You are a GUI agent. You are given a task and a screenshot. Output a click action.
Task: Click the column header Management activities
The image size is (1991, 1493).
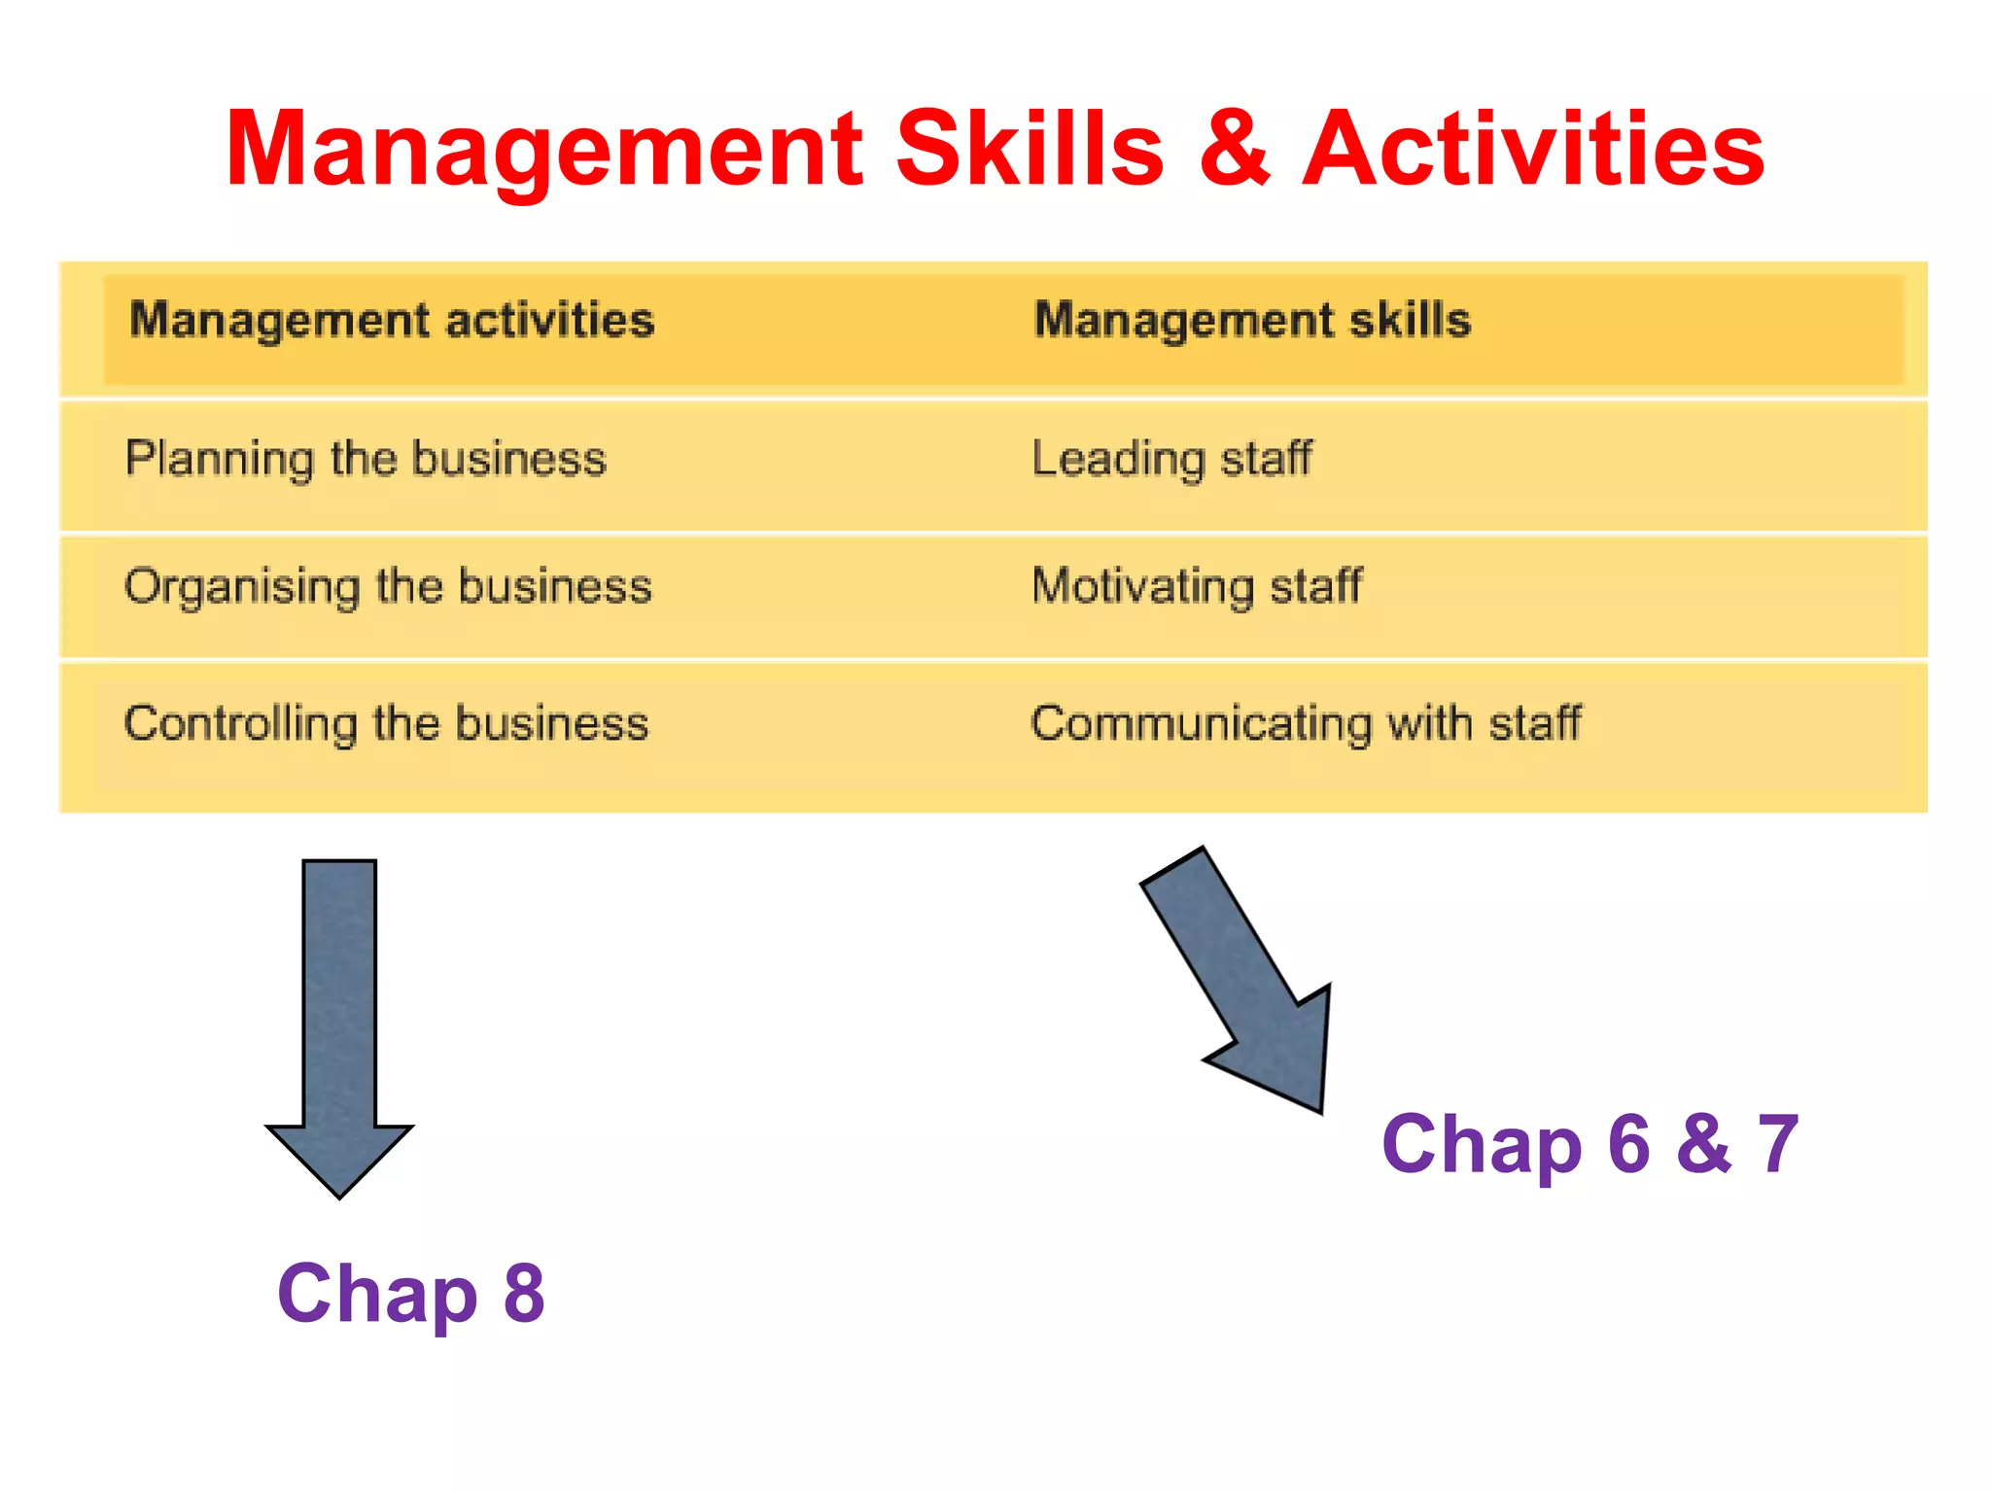pos(392,320)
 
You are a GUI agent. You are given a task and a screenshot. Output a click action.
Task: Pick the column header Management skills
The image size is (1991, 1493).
pos(1252,320)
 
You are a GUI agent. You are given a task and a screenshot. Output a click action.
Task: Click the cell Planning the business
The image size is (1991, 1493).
pos(366,459)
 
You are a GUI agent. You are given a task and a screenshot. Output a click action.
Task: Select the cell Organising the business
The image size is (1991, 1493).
pos(388,587)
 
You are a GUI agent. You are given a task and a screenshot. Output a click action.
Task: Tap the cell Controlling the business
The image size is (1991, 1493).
pos(386,724)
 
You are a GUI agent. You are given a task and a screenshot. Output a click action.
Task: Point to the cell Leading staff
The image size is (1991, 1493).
pos(1171,459)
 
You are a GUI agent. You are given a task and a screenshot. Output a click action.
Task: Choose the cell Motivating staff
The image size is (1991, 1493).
pos(1197,587)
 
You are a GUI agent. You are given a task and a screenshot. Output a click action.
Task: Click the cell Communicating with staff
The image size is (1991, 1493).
pos(1306,724)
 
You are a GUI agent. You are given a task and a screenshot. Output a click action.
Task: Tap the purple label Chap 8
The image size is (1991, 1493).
pos(410,1294)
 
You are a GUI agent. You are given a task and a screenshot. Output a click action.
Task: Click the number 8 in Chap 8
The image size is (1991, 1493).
pos(524,1294)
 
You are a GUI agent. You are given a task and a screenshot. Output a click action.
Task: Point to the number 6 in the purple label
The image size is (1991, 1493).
pos(1629,1144)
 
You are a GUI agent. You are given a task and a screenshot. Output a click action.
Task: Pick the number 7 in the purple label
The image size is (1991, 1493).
pos(1778,1144)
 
